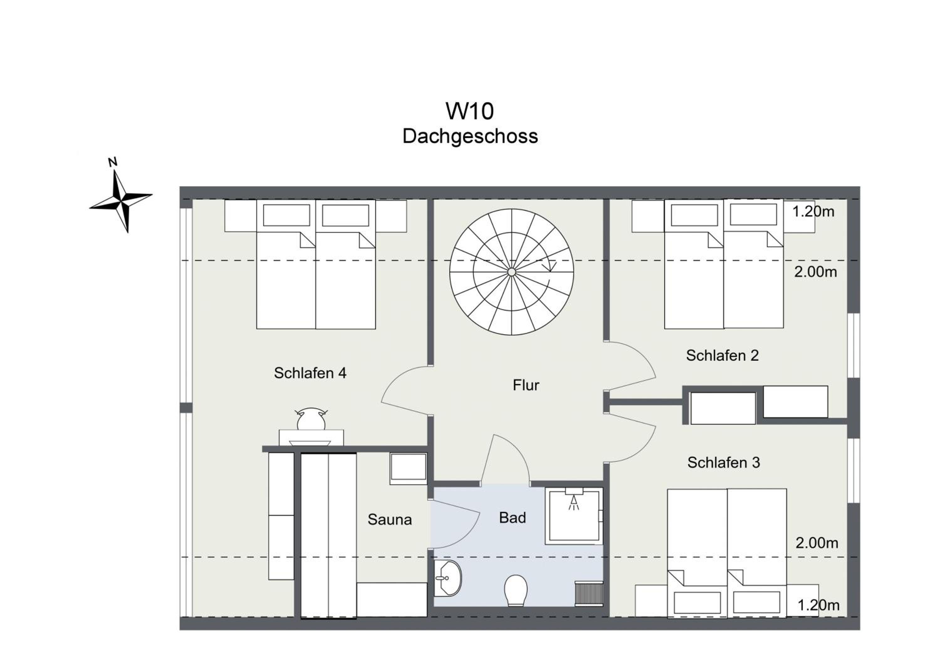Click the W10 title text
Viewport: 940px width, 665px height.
tap(470, 111)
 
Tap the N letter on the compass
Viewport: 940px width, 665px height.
tap(112, 162)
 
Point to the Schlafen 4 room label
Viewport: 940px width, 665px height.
tap(310, 373)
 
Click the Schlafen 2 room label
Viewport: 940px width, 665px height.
tap(722, 355)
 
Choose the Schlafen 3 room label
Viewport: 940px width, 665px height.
tap(723, 463)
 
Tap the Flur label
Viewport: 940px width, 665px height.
tap(526, 385)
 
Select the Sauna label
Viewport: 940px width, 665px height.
tap(389, 519)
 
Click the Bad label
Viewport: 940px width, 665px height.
tap(512, 518)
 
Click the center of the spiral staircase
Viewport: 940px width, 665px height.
tap(511, 272)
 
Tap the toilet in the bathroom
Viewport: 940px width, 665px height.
tap(515, 590)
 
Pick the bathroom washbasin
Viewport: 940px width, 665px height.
tap(447, 578)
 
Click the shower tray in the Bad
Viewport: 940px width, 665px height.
tap(574, 516)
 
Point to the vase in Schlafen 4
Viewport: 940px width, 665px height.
tap(311, 419)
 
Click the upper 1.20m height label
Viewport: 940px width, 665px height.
tap(813, 212)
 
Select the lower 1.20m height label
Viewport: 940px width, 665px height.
tap(818, 605)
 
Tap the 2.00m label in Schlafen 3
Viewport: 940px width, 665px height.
tap(817, 543)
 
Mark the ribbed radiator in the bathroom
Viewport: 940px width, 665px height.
tap(589, 593)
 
